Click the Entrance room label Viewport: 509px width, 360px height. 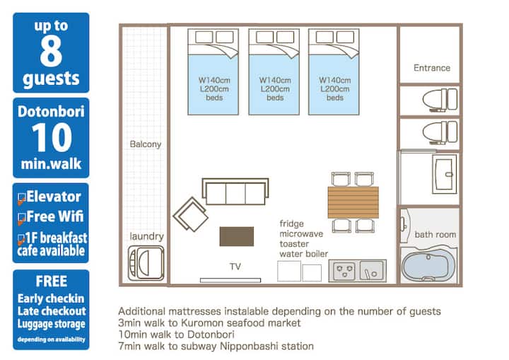tap(431, 68)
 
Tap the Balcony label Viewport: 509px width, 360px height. tap(146, 144)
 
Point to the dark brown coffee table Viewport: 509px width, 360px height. tap(236, 236)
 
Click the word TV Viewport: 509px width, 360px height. tap(235, 268)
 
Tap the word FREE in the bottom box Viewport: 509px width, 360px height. tap(51, 281)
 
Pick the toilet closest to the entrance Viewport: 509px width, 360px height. tap(432, 98)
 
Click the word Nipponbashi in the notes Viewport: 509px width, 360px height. tap(245, 346)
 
